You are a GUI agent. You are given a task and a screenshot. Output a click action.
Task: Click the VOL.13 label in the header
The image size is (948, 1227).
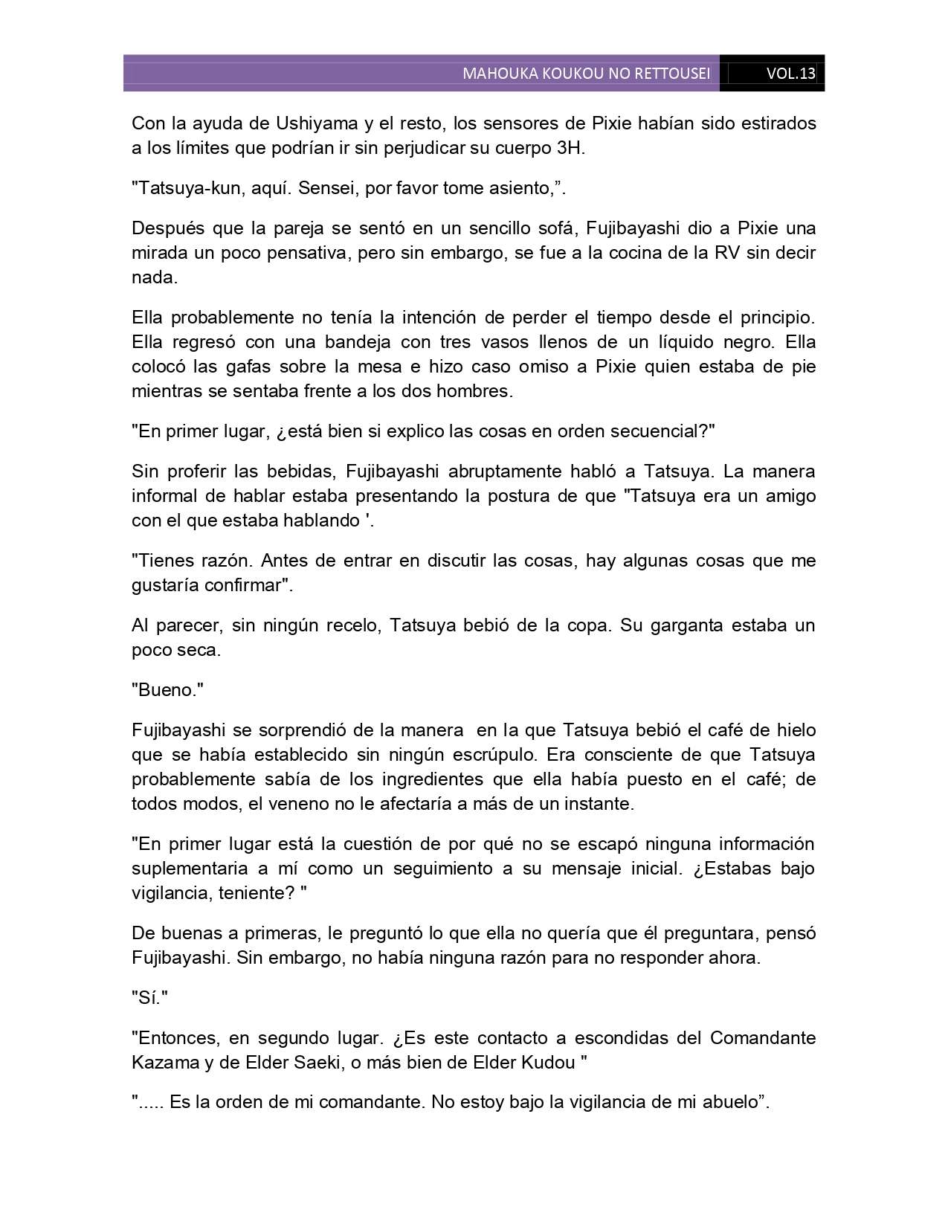(x=790, y=74)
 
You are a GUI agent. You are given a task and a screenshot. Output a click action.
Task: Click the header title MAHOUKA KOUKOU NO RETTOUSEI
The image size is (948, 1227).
(x=586, y=74)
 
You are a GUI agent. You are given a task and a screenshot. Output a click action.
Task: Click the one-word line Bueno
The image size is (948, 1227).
(x=170, y=690)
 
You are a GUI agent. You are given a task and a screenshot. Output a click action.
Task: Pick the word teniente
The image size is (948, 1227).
(x=251, y=893)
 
